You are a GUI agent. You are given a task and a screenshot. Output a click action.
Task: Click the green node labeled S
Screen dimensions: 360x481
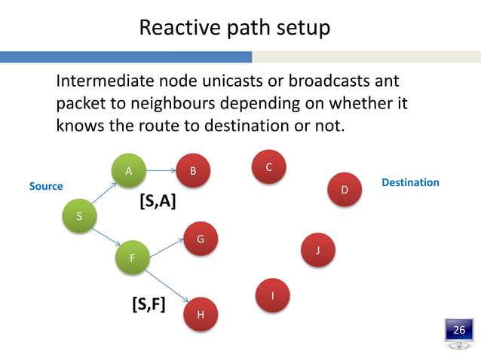80,216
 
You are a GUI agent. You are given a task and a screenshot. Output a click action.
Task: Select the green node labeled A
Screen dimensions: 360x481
129,171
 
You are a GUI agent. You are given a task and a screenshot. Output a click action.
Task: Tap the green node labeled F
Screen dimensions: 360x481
132,258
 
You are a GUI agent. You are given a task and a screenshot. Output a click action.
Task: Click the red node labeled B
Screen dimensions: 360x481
193,172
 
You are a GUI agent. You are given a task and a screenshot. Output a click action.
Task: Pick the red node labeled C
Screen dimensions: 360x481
269,166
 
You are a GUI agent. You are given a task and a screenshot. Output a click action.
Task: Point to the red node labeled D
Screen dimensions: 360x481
345,189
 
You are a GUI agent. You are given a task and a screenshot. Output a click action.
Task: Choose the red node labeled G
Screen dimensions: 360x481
201,239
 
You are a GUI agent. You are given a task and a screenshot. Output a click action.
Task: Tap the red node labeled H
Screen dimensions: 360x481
201,314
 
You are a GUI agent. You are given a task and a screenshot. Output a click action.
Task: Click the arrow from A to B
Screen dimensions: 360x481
161,171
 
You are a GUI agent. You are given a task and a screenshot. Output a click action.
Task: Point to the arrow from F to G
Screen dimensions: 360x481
166,249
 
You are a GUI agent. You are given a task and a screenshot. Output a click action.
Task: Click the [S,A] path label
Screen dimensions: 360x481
158,202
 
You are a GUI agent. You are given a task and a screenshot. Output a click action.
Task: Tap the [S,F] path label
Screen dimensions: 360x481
149,304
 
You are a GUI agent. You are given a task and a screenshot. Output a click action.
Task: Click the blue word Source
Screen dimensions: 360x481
46,186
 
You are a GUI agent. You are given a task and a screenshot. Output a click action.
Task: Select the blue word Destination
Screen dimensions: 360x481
410,182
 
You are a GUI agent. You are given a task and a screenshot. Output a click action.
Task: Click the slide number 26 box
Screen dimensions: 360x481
458,331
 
